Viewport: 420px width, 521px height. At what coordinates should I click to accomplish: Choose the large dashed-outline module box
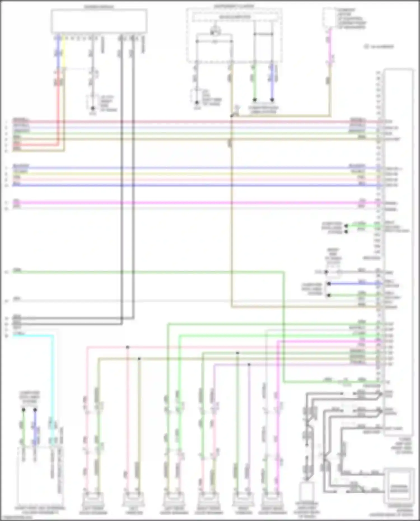[x=234, y=35]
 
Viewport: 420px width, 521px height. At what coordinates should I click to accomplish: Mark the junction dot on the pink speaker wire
[x=128, y=347]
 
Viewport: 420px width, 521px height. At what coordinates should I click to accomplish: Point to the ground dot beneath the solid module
[x=93, y=108]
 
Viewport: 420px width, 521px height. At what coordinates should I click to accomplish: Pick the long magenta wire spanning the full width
[x=196, y=203]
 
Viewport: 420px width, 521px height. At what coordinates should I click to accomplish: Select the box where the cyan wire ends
[x=41, y=476]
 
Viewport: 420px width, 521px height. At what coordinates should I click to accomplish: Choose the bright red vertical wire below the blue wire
[x=58, y=106]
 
